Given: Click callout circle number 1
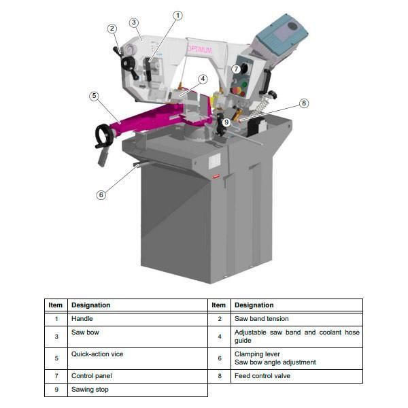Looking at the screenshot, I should pos(178,15).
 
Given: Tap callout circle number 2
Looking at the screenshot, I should pos(112,28).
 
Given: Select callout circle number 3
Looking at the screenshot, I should pos(134,22).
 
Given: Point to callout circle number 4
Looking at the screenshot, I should pos(203,78).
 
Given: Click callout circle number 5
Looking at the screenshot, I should pos(94,96).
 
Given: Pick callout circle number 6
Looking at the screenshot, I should pos(101,194).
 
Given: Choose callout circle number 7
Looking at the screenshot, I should pos(236,69).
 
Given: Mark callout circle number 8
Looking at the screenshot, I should pos(304,103).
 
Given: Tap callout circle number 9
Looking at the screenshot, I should pos(226,122).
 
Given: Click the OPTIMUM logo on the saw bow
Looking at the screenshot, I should pos(199,50).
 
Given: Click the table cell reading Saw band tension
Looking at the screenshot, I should pos(262,318).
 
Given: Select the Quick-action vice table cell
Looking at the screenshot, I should pos(97,354).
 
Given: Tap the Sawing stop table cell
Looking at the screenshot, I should pos(90,390).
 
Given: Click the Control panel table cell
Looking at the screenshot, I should pos(92,375).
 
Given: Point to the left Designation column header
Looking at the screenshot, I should pos(90,305).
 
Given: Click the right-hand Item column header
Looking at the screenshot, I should pos(218,305).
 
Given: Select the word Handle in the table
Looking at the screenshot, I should pos(82,318).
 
